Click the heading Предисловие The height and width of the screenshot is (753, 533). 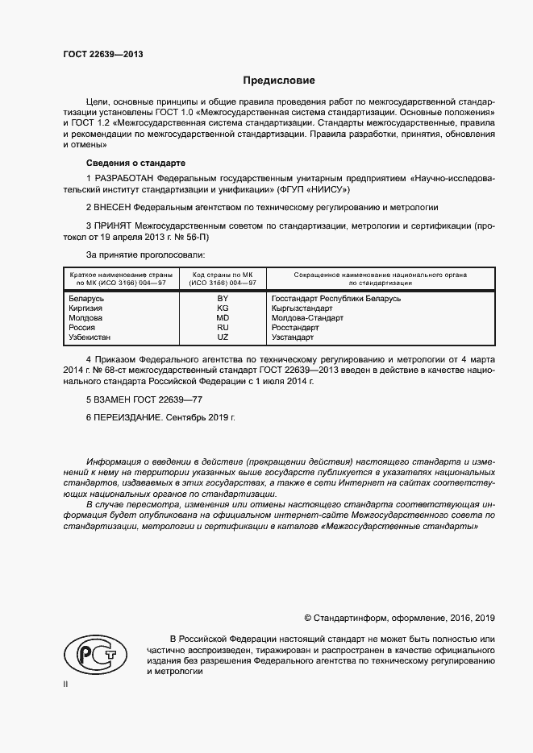point(280,81)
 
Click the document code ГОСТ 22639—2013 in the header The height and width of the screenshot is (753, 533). point(103,55)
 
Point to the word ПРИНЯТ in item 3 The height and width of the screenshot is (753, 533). point(115,227)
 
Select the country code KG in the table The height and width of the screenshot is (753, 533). point(223,308)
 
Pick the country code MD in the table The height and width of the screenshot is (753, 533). point(223,318)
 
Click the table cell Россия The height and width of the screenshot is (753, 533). point(80,328)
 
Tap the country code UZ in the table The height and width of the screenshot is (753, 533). point(223,337)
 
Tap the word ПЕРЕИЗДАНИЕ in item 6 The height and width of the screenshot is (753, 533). point(129,419)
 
